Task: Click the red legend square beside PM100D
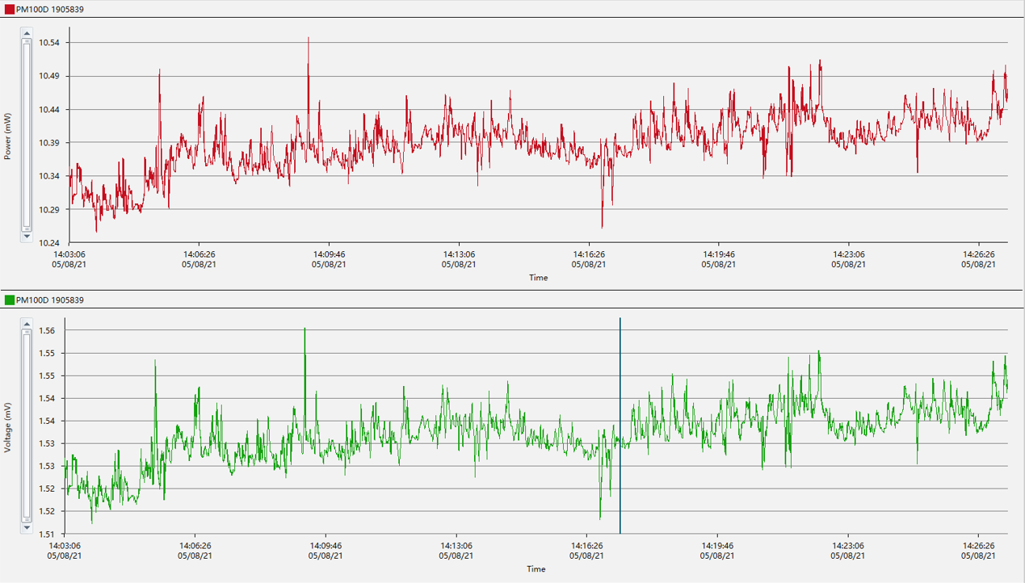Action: (9, 9)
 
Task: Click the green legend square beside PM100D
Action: (9, 300)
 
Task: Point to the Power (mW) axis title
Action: (7, 136)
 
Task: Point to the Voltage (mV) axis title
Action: (7, 426)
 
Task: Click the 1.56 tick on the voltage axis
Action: (47, 331)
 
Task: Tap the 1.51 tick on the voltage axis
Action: (47, 534)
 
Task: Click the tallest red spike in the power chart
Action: (308, 39)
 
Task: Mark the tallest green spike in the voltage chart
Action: (305, 329)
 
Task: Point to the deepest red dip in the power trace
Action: (602, 227)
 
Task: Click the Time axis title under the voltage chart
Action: (536, 569)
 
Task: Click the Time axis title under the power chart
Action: (538, 278)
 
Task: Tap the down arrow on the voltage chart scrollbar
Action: (27, 527)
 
